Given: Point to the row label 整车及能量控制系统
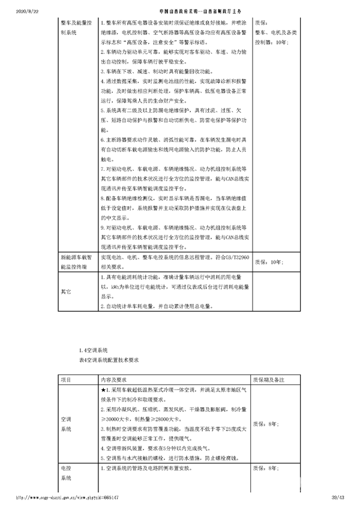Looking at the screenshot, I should click(x=75, y=27).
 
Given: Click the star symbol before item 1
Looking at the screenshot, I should click(x=103, y=390).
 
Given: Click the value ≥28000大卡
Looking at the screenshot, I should click(x=169, y=419).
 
